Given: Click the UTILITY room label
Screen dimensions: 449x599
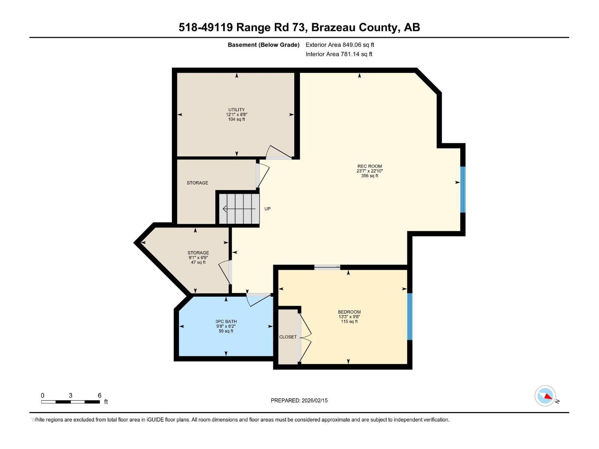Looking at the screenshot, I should [x=236, y=110].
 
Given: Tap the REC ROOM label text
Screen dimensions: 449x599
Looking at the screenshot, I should [x=370, y=166].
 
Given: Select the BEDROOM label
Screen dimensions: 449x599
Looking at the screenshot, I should [x=349, y=312].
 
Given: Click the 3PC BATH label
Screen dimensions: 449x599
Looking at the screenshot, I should [x=226, y=321].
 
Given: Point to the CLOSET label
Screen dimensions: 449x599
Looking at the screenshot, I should [x=288, y=337].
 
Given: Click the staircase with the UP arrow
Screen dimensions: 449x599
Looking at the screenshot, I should [x=239, y=208].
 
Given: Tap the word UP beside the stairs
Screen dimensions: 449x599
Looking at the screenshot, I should [x=267, y=209].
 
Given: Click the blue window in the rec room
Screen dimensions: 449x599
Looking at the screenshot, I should [x=463, y=189].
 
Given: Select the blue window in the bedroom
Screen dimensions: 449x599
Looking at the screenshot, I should [x=410, y=317].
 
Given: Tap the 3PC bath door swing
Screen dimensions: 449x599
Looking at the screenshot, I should [x=258, y=299].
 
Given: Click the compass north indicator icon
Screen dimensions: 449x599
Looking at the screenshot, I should [x=545, y=396].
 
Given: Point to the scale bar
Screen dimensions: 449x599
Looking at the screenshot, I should [x=70, y=402].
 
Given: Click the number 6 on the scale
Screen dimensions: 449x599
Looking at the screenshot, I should [x=100, y=395].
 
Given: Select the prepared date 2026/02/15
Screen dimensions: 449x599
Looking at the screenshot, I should [x=315, y=400].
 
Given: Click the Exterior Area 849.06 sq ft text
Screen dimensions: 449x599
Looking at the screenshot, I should [x=340, y=45].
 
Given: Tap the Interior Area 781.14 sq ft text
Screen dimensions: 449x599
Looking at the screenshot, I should [x=339, y=54].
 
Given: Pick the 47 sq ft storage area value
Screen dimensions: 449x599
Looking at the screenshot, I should [x=198, y=262].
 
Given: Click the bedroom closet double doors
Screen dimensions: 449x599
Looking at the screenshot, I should [x=305, y=337].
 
